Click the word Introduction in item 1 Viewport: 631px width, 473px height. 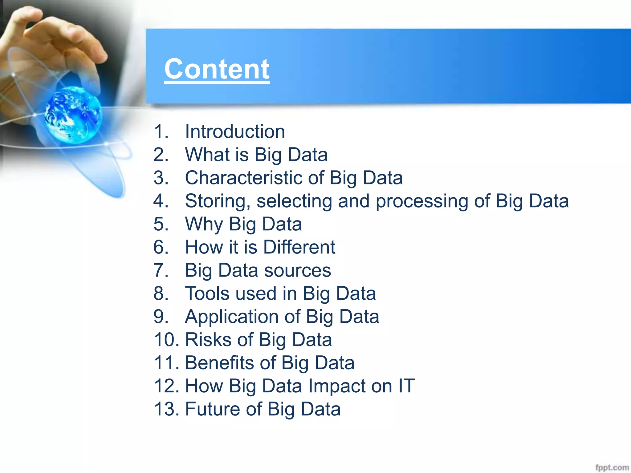pyautogui.click(x=235, y=131)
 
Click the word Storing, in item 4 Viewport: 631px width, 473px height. pyautogui.click(x=218, y=201)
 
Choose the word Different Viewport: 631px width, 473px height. pyautogui.click(x=299, y=247)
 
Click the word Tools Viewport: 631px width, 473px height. pyautogui.click(x=207, y=293)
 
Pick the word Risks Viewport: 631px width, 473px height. pyautogui.click(x=208, y=340)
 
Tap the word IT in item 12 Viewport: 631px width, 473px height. pyautogui.click(x=406, y=386)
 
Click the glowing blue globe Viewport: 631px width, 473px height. pyautogui.click(x=73, y=115)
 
